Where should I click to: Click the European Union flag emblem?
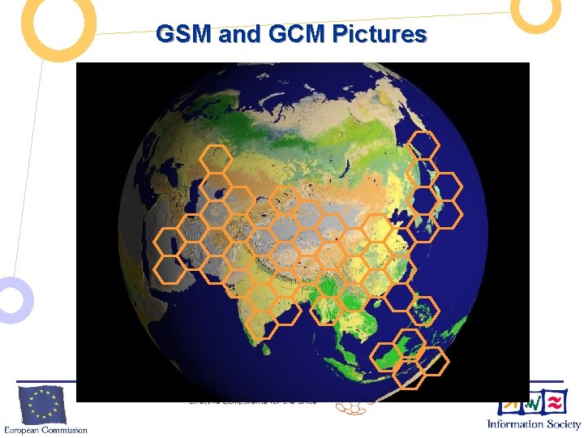(x=42, y=404)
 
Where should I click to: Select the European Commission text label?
(x=45, y=429)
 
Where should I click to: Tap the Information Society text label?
(x=534, y=424)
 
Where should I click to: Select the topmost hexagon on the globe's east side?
(x=423, y=145)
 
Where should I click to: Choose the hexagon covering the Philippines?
(x=422, y=311)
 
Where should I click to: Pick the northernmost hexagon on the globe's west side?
(x=216, y=159)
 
